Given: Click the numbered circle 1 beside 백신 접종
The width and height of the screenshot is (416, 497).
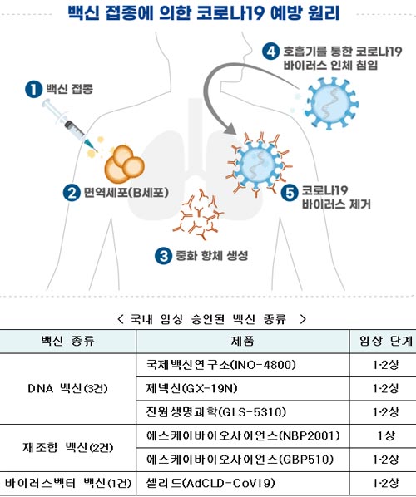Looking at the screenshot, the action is pyautogui.click(x=33, y=89).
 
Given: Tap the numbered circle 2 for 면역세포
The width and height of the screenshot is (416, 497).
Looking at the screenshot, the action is pyautogui.click(x=72, y=193).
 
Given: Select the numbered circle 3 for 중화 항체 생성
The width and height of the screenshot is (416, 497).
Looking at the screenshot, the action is pyautogui.click(x=163, y=256).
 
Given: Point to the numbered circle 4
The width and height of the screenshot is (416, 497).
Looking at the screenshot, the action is pyautogui.click(x=270, y=52).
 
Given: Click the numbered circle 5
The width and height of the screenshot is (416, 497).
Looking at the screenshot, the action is pyautogui.click(x=290, y=192).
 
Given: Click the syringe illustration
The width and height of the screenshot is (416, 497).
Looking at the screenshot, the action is pyautogui.click(x=68, y=125).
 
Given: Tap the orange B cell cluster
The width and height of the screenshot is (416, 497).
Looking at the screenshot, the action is pyautogui.click(x=125, y=165).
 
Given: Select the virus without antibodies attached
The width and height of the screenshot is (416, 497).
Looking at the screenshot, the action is pyautogui.click(x=331, y=104).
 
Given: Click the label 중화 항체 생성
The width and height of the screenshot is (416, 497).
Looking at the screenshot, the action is pyautogui.click(x=211, y=256).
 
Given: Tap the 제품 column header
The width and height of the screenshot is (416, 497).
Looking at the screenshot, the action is pyautogui.click(x=242, y=341).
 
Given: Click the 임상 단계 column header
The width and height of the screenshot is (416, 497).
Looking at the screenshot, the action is pyautogui.click(x=386, y=341).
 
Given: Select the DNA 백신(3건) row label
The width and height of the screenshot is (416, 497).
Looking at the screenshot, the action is pyautogui.click(x=67, y=389).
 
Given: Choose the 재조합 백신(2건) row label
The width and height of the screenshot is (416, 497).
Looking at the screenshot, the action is pyautogui.click(x=67, y=448).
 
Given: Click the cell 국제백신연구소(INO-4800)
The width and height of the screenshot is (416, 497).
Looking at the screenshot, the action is pyautogui.click(x=220, y=365).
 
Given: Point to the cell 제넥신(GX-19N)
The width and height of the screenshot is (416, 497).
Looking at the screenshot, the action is pyautogui.click(x=191, y=389).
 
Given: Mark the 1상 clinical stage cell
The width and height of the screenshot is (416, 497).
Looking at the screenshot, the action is pyautogui.click(x=386, y=435).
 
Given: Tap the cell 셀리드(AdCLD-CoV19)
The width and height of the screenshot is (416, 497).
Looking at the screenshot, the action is pyautogui.click(x=210, y=484).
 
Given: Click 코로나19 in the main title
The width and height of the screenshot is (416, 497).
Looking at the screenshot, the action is pyautogui.click(x=230, y=13).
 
